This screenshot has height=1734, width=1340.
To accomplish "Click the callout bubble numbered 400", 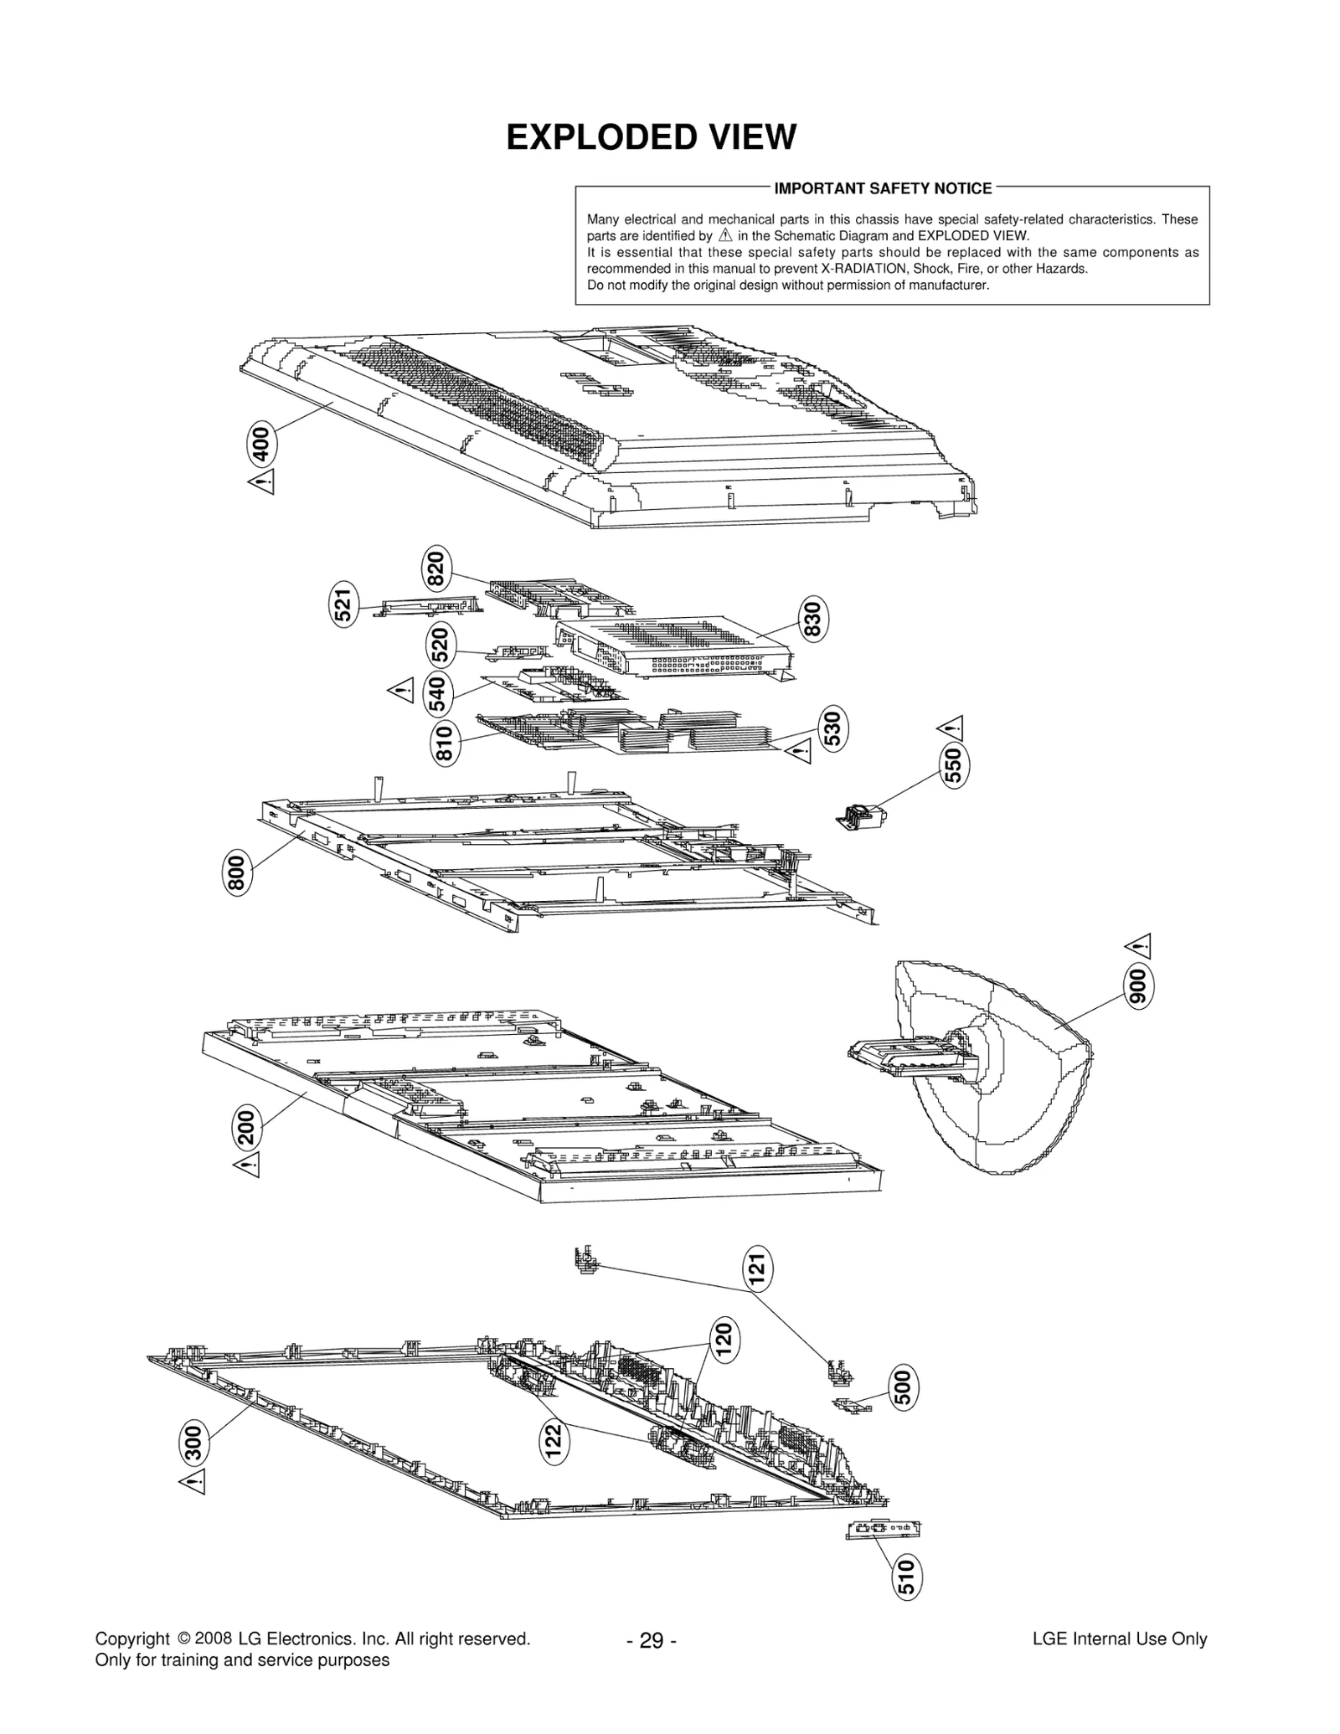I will click(261, 444).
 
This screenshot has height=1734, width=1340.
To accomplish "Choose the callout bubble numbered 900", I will click(1137, 987).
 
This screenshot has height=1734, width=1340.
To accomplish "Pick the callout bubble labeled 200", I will click(248, 1125).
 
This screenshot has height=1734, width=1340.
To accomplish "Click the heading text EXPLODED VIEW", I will click(651, 137).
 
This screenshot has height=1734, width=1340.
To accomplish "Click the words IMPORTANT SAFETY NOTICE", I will click(883, 188).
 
